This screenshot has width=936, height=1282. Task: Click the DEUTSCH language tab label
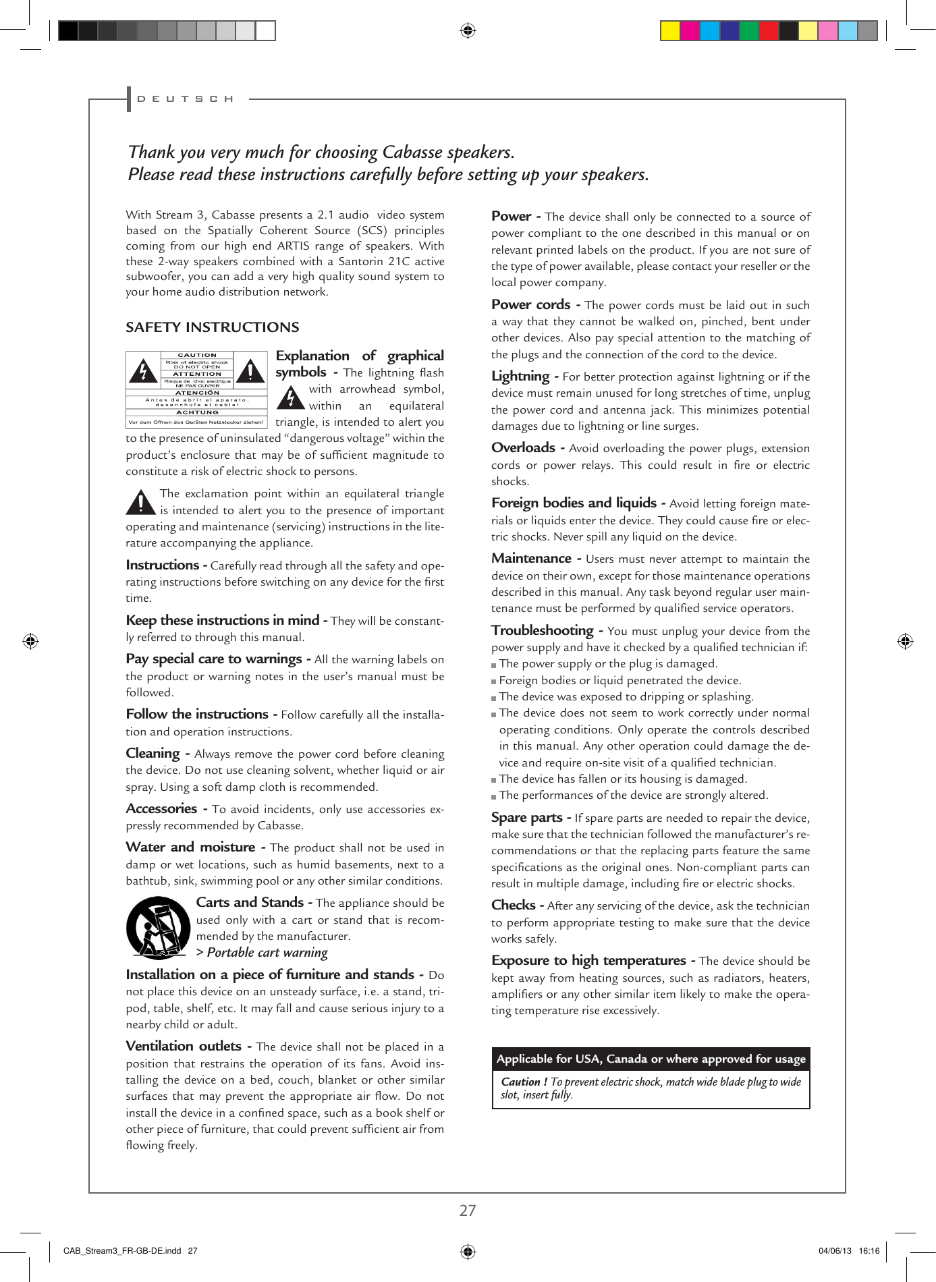pos(185,99)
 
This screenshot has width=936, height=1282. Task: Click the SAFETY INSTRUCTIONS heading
pos(212,327)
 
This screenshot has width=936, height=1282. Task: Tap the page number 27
pos(468,1210)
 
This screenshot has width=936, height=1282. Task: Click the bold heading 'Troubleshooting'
pos(542,630)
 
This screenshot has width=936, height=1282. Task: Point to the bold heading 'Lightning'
pos(520,377)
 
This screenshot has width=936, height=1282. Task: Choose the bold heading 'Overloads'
pos(523,448)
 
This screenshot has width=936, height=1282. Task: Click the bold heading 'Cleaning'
pos(153,753)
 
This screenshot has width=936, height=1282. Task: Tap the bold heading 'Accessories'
pos(161,808)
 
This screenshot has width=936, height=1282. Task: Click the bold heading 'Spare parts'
pos(526,818)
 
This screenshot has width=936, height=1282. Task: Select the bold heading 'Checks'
pos(513,905)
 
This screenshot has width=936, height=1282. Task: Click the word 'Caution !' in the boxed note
pos(524,1082)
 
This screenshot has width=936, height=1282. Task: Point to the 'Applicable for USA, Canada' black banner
pos(651,1059)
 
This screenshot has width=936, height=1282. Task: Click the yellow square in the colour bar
pos(670,31)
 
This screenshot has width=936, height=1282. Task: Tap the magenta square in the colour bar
pos(690,31)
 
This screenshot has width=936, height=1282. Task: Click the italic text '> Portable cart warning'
pos(262,953)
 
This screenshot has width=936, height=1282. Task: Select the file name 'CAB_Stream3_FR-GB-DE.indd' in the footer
pos(121,1251)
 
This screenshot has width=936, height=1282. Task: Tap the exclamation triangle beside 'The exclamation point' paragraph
pos(140,502)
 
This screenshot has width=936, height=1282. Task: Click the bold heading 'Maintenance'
pos(531,559)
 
